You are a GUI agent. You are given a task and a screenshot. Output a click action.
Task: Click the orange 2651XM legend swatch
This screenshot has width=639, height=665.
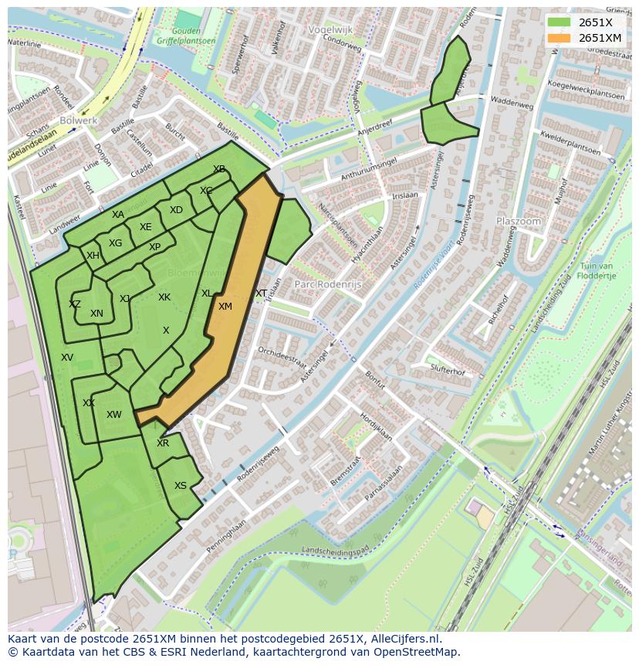pyautogui.click(x=560, y=38)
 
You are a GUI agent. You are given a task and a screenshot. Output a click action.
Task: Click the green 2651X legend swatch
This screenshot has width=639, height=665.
pyautogui.click(x=560, y=22)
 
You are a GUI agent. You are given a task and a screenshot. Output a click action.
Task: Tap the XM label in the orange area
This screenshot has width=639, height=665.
pyautogui.click(x=225, y=307)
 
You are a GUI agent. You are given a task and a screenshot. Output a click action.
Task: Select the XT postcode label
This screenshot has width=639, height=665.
pyautogui.click(x=261, y=293)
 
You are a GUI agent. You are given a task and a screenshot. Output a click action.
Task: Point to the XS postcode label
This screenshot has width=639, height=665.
pyautogui.click(x=180, y=486)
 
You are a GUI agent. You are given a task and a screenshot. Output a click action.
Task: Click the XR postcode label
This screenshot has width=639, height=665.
pyautogui.click(x=163, y=443)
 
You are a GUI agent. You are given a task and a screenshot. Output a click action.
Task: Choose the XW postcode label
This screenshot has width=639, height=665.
pyautogui.click(x=114, y=415)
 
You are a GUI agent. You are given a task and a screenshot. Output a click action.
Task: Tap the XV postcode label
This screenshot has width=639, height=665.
pyautogui.click(x=67, y=358)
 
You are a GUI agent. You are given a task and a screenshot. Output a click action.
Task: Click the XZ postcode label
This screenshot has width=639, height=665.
pyautogui.click(x=74, y=304)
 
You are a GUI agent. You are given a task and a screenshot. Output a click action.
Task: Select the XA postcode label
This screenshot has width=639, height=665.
pyautogui.click(x=117, y=215)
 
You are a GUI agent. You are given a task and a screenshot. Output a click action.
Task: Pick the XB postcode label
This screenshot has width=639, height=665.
pyautogui.click(x=219, y=169)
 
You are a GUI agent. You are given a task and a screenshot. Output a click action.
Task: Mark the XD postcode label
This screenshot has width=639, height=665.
pyautogui.click(x=176, y=210)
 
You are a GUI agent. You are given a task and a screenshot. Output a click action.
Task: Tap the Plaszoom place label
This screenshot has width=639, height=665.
pyautogui.click(x=518, y=221)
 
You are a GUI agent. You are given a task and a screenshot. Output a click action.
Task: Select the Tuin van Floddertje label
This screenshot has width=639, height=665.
pyautogui.click(x=597, y=270)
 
